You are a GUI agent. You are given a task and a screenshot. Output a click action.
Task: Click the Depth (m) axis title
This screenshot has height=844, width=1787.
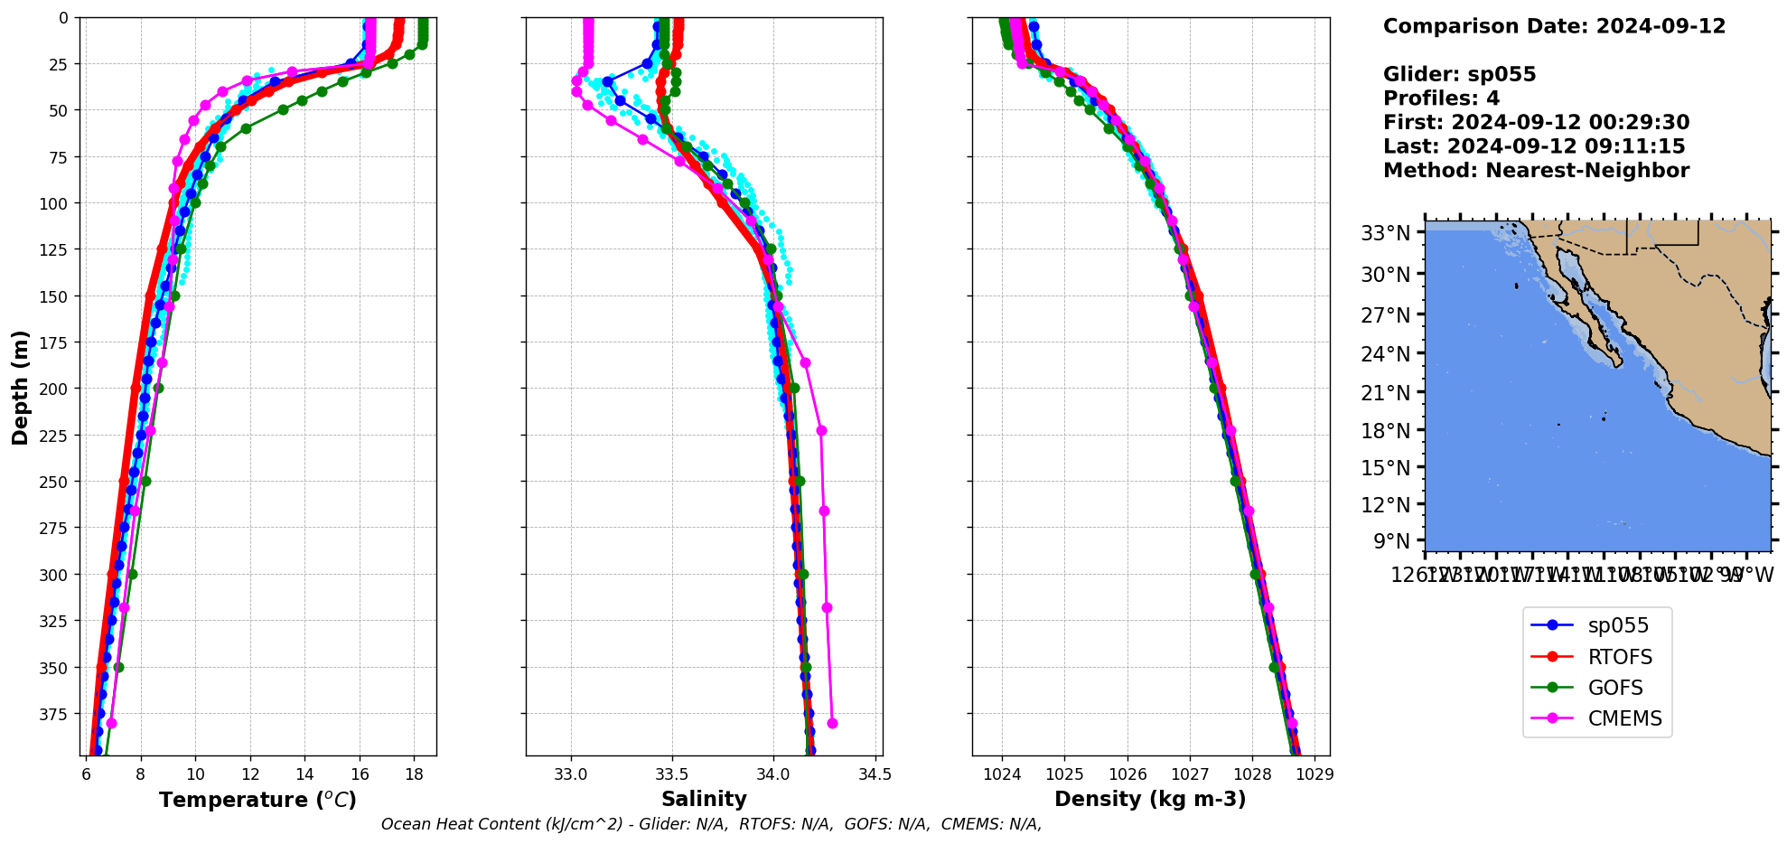[20, 387]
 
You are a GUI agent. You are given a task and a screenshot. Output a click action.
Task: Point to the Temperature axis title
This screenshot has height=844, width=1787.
[257, 800]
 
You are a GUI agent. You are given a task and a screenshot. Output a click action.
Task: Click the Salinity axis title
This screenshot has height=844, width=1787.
[704, 799]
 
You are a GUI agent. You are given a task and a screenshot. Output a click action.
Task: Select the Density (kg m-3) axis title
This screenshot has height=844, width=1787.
[1150, 799]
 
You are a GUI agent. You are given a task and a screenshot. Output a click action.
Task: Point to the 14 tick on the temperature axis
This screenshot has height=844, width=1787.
[304, 774]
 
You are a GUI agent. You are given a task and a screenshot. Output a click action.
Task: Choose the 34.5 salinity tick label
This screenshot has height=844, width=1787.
[875, 774]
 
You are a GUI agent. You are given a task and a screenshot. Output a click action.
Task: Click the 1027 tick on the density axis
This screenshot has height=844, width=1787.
[1190, 774]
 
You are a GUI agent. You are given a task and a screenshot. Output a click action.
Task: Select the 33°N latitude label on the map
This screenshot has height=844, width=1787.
[1385, 234]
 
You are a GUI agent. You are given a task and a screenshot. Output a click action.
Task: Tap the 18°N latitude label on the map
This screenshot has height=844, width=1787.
[1385, 430]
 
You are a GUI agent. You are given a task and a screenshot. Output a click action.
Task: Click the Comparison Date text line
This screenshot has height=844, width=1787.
[1554, 26]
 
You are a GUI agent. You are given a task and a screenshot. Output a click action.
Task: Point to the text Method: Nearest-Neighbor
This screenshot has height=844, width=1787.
[1536, 171]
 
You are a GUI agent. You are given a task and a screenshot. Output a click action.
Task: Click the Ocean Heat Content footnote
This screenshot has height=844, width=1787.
[711, 824]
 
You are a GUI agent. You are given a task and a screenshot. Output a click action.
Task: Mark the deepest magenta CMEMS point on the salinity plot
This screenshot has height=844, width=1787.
[832, 723]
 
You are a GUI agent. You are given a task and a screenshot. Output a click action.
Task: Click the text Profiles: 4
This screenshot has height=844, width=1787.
[1441, 98]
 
